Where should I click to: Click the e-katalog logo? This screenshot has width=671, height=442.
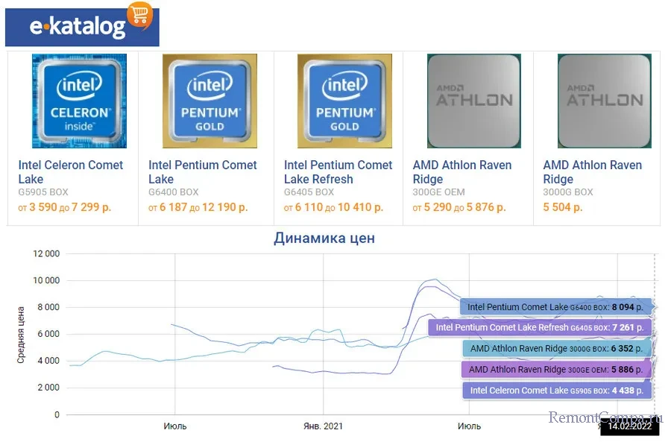click(82, 27)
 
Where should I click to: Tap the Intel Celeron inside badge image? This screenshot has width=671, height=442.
click(79, 101)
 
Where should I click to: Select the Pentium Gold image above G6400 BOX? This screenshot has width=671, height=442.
click(210, 101)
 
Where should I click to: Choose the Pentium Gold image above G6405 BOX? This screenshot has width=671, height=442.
click(344, 101)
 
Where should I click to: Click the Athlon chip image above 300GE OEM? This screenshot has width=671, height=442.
click(473, 101)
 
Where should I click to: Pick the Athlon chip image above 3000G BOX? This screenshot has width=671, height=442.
click(601, 101)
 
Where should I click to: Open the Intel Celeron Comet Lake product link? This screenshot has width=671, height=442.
click(71, 171)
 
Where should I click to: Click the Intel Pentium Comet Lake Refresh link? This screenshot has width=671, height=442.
click(338, 171)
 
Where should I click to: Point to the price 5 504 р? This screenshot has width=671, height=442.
click(563, 207)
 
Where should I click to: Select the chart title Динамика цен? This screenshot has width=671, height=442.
click(324, 239)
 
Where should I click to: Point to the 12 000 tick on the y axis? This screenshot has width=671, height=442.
click(46, 254)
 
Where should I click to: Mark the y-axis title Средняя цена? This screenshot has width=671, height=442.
click(21, 334)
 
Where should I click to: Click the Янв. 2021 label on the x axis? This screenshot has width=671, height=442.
click(324, 426)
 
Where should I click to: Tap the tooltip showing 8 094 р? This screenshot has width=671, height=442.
click(556, 306)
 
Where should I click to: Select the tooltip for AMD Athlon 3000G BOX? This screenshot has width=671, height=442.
click(556, 348)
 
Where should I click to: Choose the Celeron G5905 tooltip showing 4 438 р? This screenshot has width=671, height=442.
click(556, 390)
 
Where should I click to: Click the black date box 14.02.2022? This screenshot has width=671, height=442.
click(629, 427)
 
